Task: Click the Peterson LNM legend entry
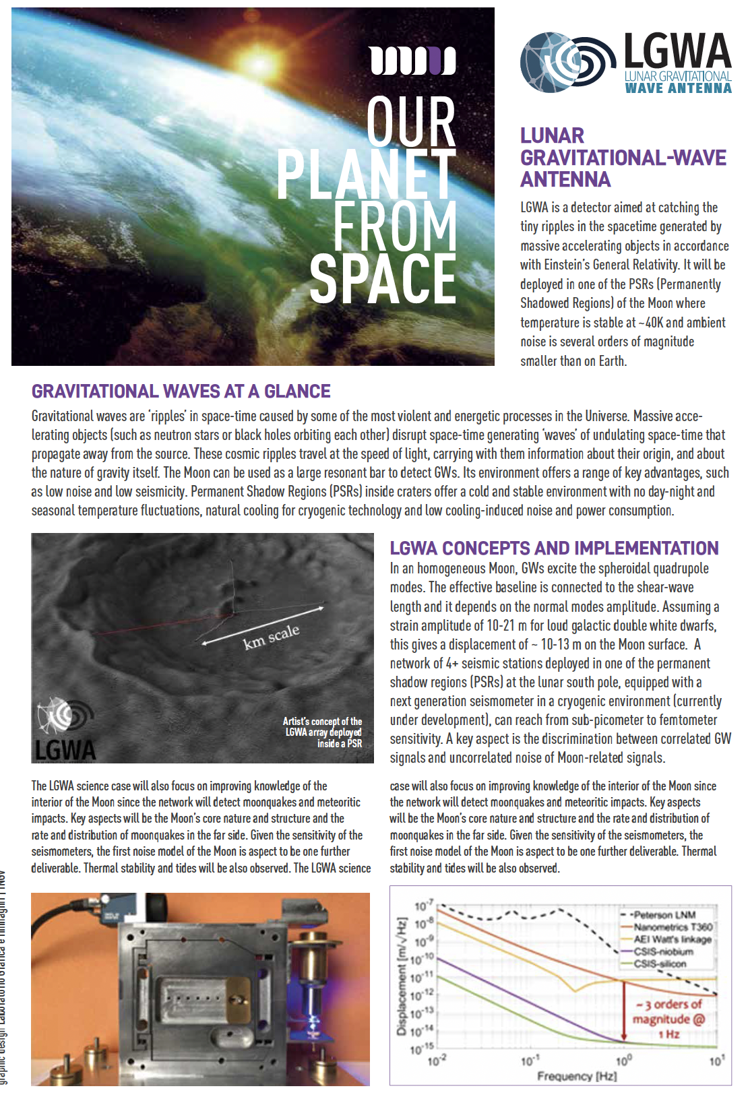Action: tap(664, 914)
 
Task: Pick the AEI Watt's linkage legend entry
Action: tap(672, 939)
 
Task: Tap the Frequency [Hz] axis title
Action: tap(576, 1076)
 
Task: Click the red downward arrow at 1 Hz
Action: tap(624, 1011)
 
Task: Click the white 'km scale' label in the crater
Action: tap(271, 636)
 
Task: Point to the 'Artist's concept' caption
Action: tap(323, 732)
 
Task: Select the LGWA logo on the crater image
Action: tap(65, 731)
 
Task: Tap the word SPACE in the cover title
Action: tap(383, 278)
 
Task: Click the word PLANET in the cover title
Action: tap(366, 174)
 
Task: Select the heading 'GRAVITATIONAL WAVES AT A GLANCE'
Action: tap(181, 391)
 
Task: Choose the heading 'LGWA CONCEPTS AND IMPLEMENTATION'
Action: tap(554, 548)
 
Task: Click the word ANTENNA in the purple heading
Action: tap(565, 179)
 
